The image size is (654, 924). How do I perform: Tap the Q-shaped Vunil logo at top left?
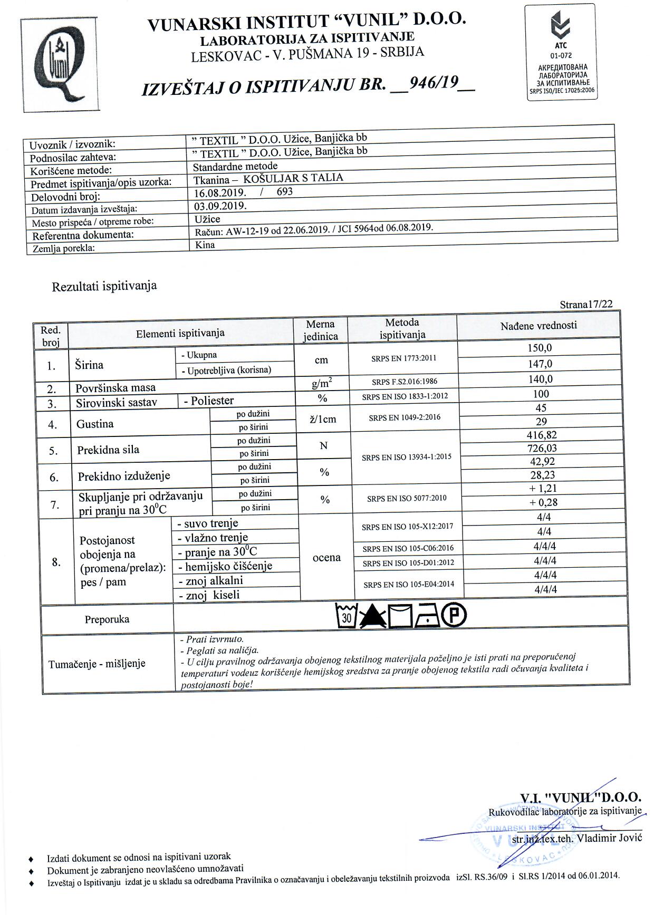tap(60, 65)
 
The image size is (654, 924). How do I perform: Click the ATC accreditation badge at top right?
tap(561, 53)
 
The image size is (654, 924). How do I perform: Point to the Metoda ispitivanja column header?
tap(402, 328)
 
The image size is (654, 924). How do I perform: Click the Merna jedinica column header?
tap(320, 330)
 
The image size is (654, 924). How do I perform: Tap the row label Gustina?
tap(95, 424)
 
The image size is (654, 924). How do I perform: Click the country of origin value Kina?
tap(205, 245)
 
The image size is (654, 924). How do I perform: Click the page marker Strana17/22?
tap(586, 304)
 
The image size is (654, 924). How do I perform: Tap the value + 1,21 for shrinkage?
tap(543, 489)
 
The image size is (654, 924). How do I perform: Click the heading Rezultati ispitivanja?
tap(104, 286)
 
